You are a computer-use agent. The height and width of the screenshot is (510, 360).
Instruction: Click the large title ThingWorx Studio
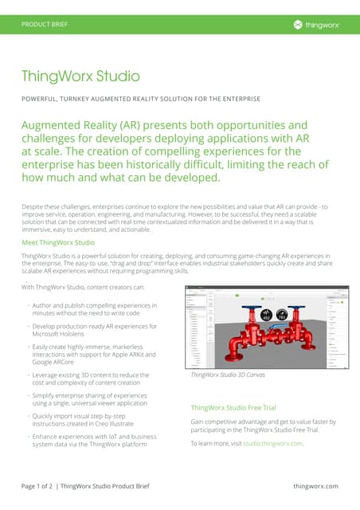pos(80,76)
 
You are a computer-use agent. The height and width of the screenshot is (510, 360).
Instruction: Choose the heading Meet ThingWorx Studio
pos(58,242)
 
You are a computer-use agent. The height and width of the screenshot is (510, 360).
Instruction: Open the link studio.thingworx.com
pos(273,443)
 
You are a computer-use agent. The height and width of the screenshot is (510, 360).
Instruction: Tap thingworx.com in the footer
pos(315,486)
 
